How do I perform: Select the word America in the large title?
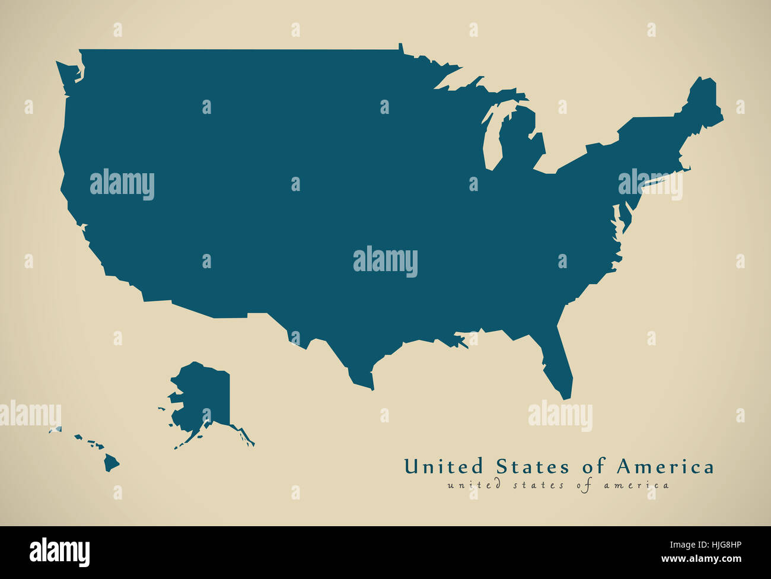(665, 466)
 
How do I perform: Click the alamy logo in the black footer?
(59, 552)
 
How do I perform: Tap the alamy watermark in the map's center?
(385, 262)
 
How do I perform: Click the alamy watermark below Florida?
(560, 415)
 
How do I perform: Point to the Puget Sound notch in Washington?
(78, 74)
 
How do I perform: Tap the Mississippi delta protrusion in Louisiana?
(457, 341)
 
